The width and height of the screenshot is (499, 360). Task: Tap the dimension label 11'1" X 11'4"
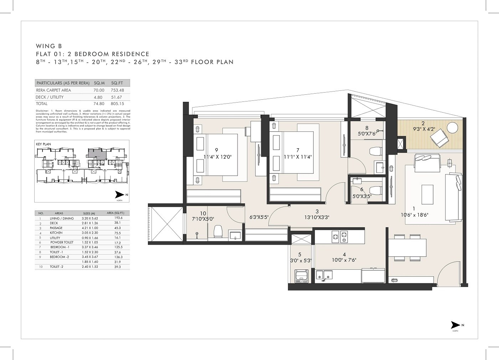pos(298,157)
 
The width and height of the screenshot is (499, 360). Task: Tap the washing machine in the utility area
pos(301,276)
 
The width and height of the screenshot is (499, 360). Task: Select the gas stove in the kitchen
pos(339,237)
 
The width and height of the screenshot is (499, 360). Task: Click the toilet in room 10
pos(217,232)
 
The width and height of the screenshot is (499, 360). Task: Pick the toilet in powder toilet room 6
pos(375,189)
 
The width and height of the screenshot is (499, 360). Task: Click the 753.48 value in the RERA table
pos(117,90)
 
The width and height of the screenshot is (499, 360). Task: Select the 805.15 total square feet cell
pos(117,104)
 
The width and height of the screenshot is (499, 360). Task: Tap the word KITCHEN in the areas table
pos(56,233)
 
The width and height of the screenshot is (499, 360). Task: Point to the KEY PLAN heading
pos(43,144)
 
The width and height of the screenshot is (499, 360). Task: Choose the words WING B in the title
pos(49,46)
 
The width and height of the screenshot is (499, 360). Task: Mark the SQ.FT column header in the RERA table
pos(117,83)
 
